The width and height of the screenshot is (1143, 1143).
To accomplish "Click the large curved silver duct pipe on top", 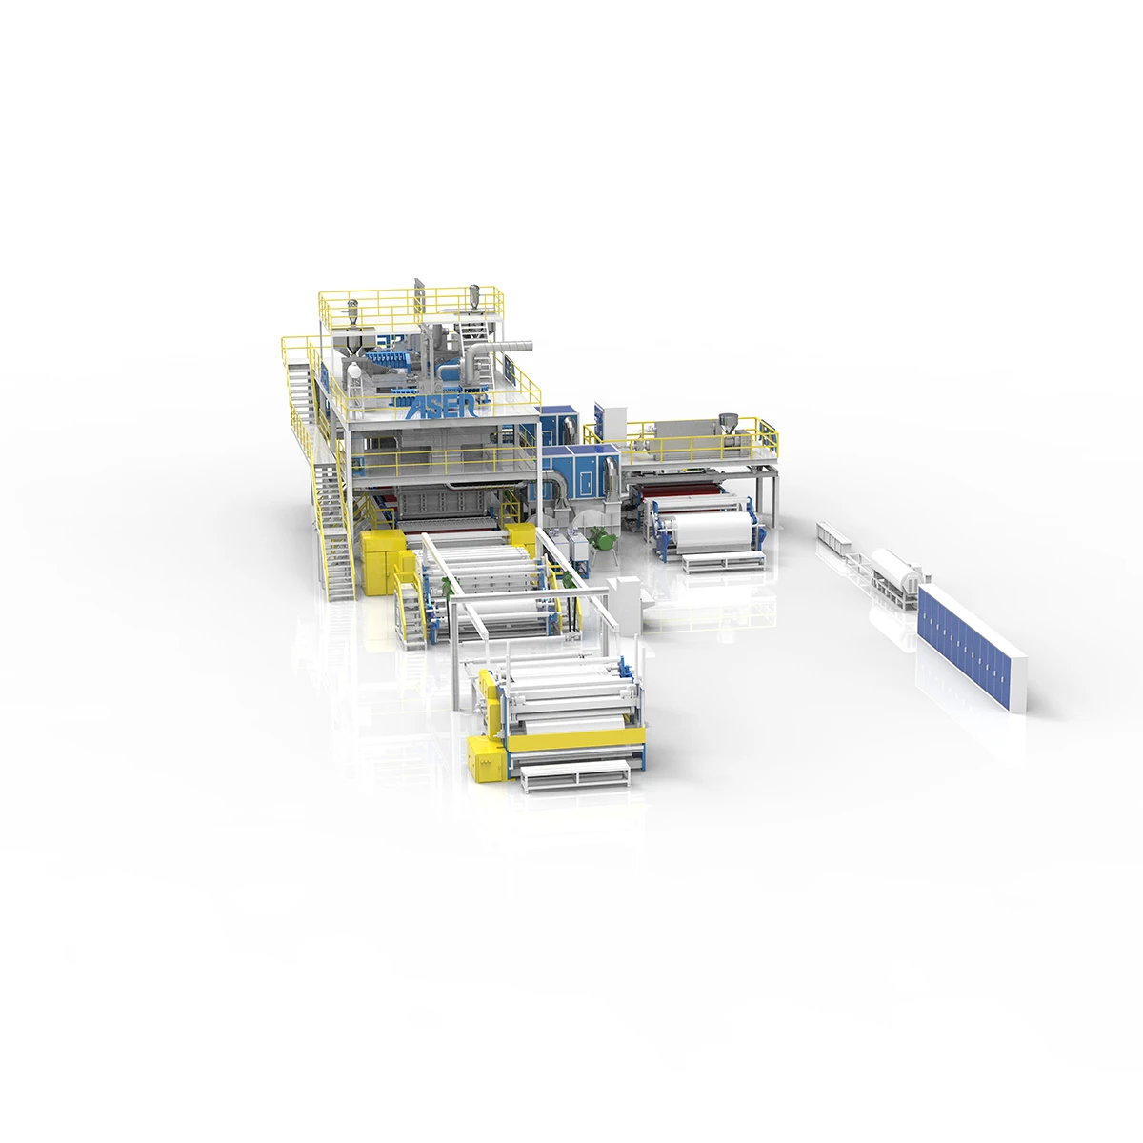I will (495, 353).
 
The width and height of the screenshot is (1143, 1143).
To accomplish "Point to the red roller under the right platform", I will (686, 496).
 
